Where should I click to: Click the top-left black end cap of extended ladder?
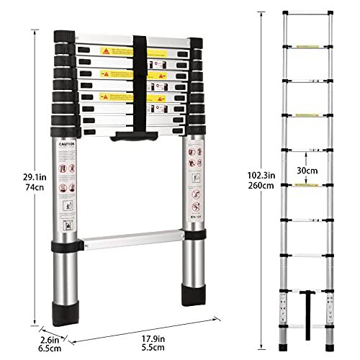click(x=286, y=13)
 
